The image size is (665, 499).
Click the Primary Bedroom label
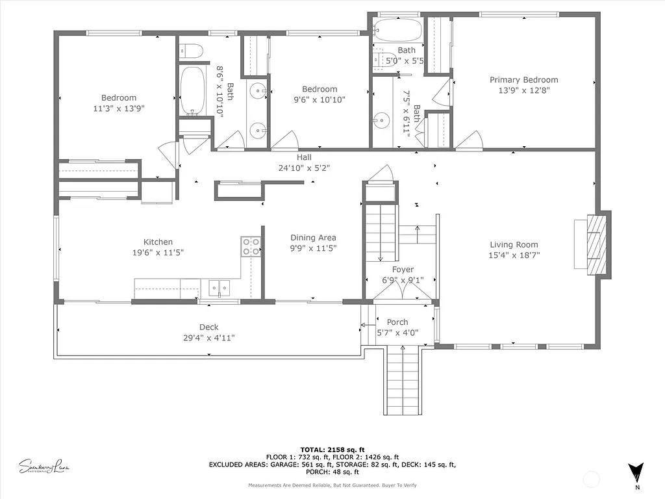point(523,80)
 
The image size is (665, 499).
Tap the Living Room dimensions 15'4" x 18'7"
point(514,256)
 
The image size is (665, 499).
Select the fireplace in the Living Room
point(596,245)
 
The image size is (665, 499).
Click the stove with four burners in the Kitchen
point(251,246)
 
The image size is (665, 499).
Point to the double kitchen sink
point(219,287)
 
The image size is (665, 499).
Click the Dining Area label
point(313,238)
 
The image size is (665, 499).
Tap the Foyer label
point(403,270)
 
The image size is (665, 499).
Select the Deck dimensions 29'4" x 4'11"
point(208,338)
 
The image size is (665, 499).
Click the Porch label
point(397,322)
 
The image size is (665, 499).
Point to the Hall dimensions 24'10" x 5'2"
point(305,168)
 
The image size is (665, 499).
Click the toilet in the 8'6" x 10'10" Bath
point(191,50)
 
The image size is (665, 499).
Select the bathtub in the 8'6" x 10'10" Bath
point(192,90)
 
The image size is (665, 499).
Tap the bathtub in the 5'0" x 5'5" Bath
point(398,30)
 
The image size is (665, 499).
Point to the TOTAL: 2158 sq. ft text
point(332,450)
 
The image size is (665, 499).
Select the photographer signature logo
point(44,466)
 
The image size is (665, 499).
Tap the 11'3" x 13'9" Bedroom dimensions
point(119,109)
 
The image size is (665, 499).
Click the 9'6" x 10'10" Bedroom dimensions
point(319,100)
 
